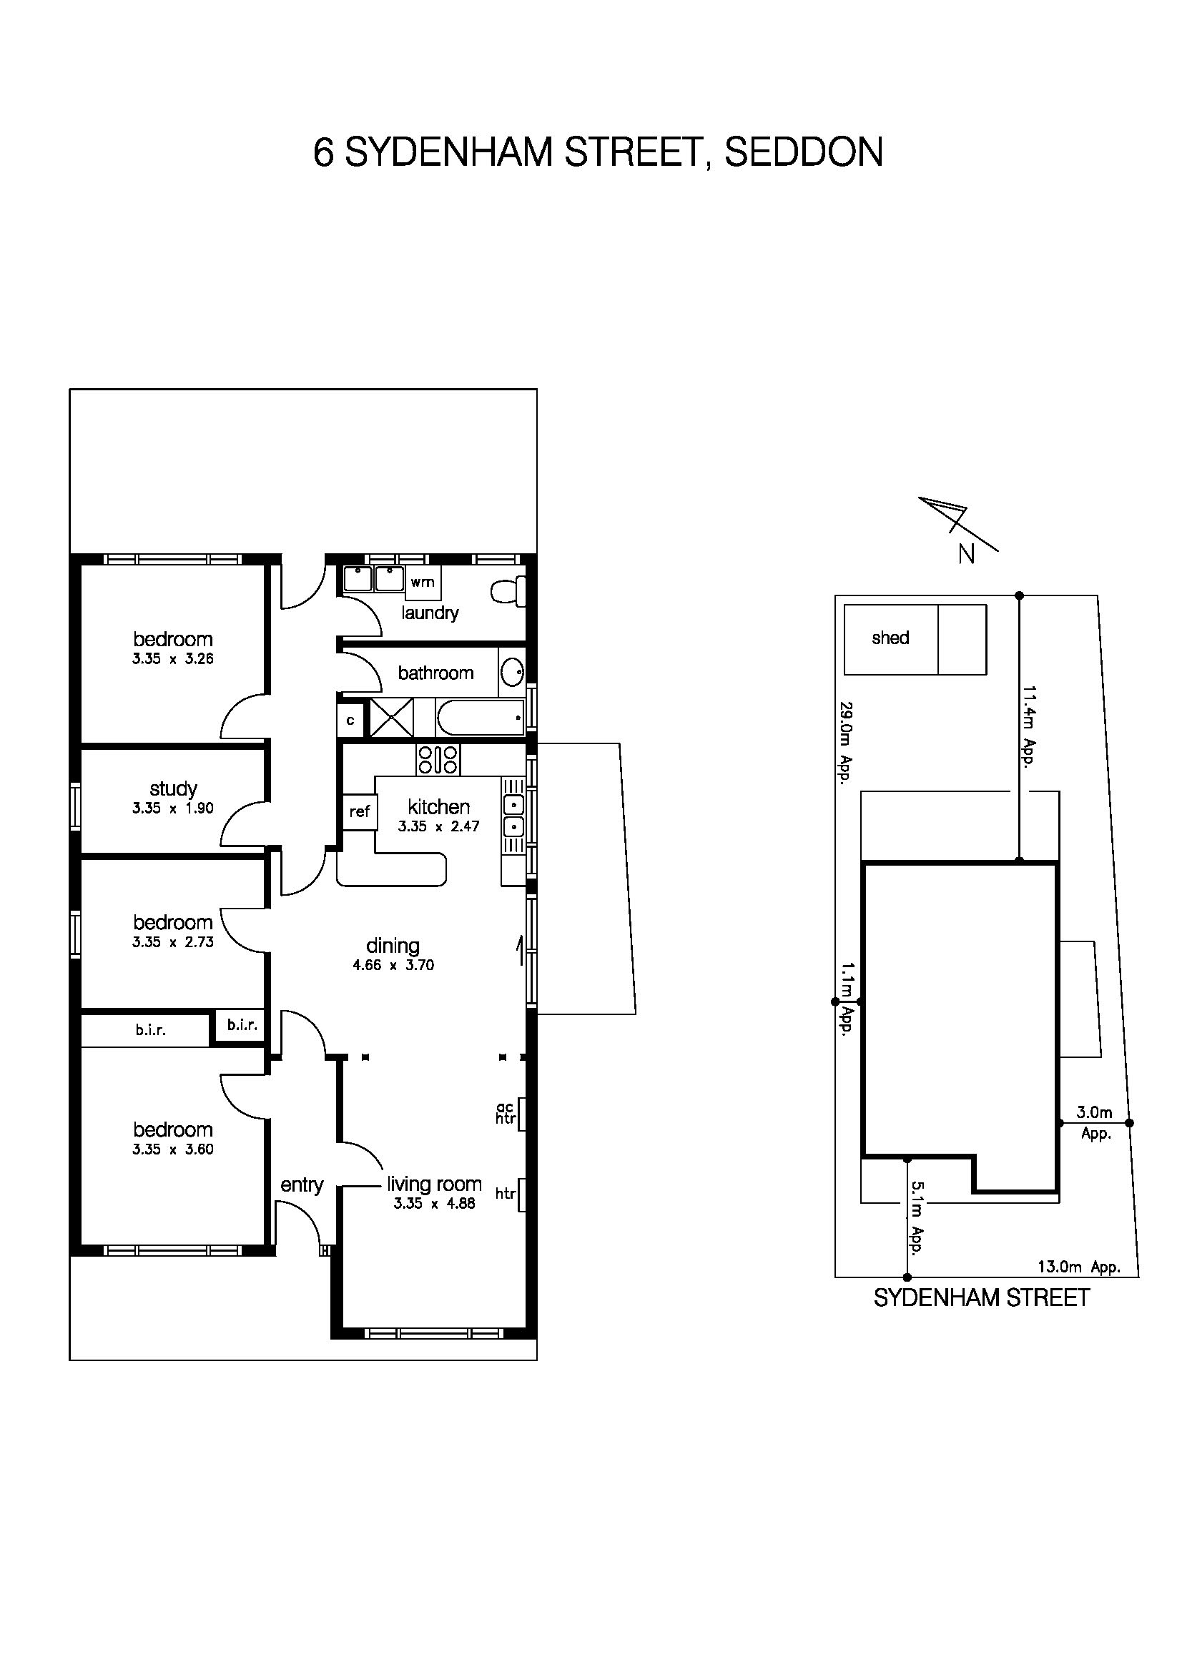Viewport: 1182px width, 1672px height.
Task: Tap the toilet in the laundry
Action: [x=508, y=590]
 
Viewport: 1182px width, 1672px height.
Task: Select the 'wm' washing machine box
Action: [x=423, y=582]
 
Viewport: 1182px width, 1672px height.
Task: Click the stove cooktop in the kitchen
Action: [x=438, y=760]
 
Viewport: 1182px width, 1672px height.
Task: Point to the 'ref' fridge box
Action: [x=360, y=811]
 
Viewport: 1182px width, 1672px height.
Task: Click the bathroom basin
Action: [x=513, y=672]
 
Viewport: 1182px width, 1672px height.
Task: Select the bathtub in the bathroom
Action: [x=480, y=718]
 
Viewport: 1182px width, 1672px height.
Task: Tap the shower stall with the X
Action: [x=392, y=718]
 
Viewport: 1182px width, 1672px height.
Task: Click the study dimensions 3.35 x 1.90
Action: [x=172, y=808]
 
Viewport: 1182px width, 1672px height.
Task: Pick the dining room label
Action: [x=393, y=945]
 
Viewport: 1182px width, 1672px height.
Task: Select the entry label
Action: [x=302, y=1184]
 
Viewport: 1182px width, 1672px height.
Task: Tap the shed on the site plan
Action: [x=890, y=638]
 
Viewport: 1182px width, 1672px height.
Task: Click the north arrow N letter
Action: [x=967, y=555]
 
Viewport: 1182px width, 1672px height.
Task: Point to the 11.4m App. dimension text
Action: [x=1028, y=726]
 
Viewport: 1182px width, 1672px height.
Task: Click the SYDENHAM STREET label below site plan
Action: [x=981, y=1297]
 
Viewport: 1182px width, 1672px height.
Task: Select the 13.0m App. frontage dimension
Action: [x=1078, y=1267]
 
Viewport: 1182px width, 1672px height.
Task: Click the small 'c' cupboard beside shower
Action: [x=350, y=721]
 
